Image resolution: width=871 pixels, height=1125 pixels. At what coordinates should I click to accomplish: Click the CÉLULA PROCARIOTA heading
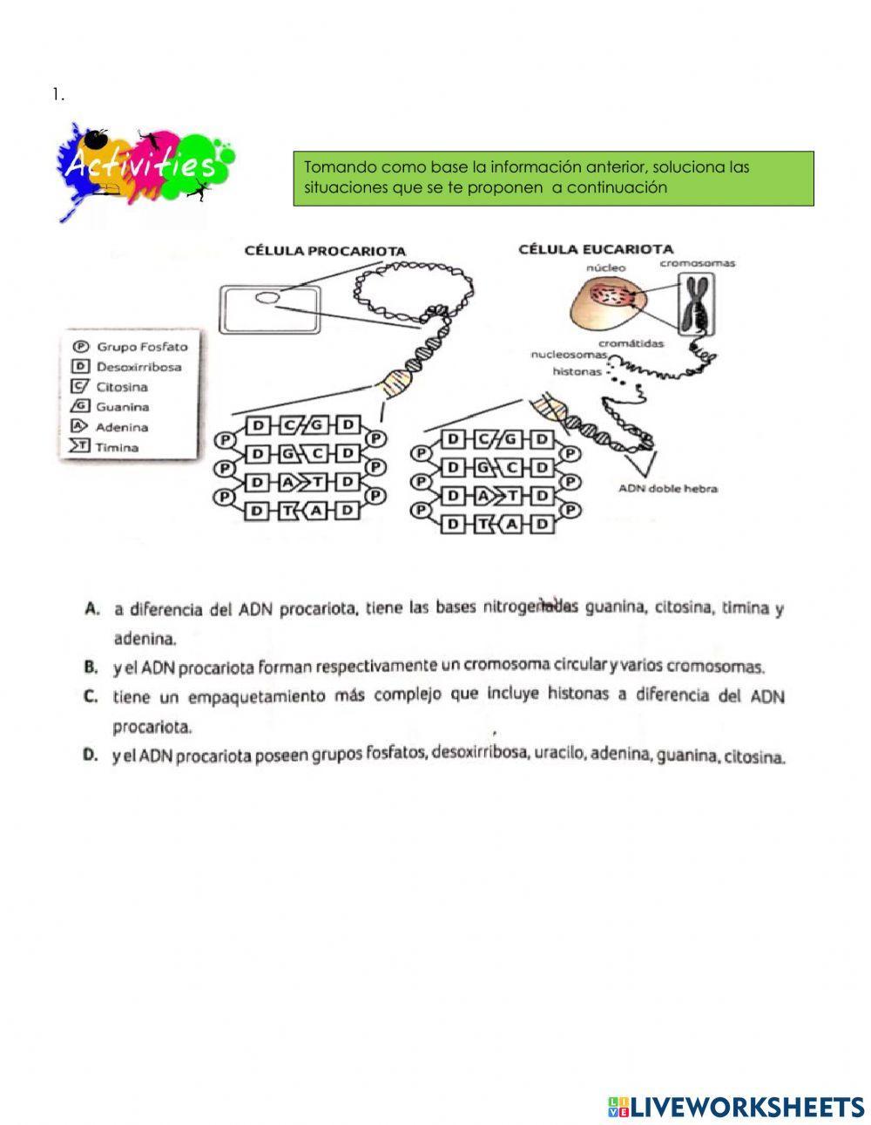click(x=325, y=251)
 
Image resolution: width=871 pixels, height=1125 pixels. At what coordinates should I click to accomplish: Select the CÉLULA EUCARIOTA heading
click(x=595, y=248)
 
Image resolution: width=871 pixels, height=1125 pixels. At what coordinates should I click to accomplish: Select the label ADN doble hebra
click(x=668, y=489)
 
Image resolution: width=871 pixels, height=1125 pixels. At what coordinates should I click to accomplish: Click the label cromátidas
click(x=631, y=342)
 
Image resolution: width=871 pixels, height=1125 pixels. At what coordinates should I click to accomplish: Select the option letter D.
click(x=90, y=756)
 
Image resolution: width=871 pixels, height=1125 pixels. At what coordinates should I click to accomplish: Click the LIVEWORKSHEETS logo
click(x=736, y=1107)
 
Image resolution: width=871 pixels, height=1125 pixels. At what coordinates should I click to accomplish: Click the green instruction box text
click(x=552, y=178)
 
